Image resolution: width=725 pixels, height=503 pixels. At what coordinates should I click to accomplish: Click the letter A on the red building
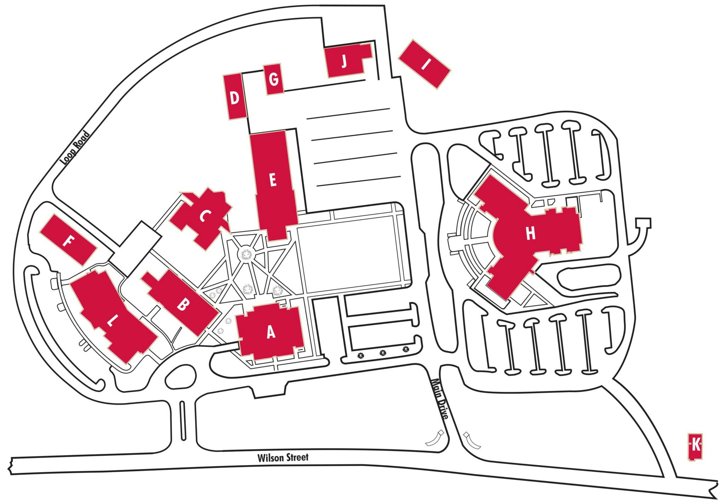[271, 332]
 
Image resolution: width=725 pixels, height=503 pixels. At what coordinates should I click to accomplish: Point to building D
[235, 98]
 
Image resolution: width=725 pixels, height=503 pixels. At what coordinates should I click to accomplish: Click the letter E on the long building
[273, 180]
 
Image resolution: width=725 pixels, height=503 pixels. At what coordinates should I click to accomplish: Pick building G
[274, 79]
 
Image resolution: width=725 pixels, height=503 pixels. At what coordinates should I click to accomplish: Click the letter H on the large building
[530, 234]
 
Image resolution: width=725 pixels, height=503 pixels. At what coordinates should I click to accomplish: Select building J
[344, 61]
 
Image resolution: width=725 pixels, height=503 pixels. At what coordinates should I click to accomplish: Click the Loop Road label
[75, 148]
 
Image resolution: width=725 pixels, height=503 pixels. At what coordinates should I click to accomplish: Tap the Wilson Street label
[283, 458]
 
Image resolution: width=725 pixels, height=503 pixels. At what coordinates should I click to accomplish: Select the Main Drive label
[439, 398]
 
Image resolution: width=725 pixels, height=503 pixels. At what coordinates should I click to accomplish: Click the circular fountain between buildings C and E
[246, 254]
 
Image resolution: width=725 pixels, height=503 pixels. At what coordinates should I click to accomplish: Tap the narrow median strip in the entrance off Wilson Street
[182, 420]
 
